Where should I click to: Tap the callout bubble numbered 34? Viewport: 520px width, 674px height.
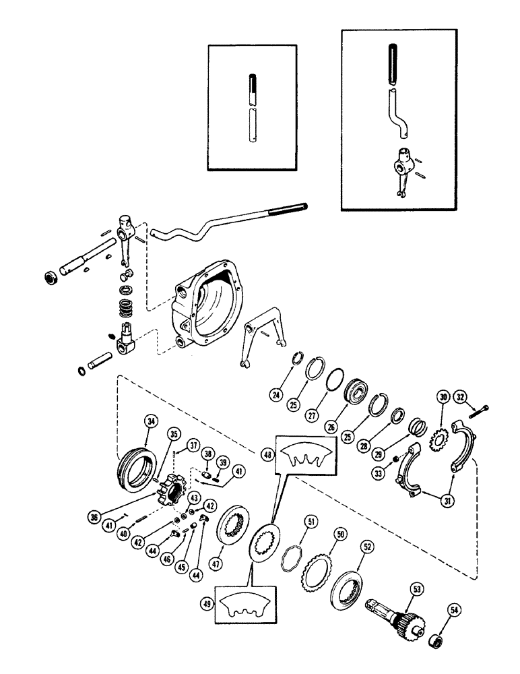(x=152, y=423)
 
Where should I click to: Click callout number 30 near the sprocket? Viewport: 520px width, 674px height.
(x=443, y=397)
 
